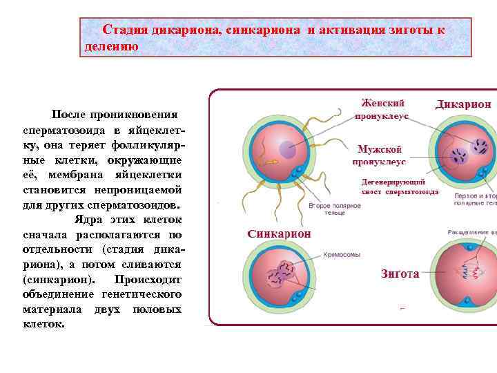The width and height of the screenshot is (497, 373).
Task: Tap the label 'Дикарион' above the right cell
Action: [x=464, y=104]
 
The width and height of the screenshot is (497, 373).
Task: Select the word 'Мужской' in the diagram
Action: [x=380, y=149]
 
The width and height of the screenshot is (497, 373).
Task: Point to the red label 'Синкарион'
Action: [x=279, y=233]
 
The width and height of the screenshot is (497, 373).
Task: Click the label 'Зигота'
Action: [x=400, y=274]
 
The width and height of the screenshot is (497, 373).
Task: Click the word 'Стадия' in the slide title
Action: [x=123, y=30]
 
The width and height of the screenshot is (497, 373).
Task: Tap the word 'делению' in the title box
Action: [x=111, y=47]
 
